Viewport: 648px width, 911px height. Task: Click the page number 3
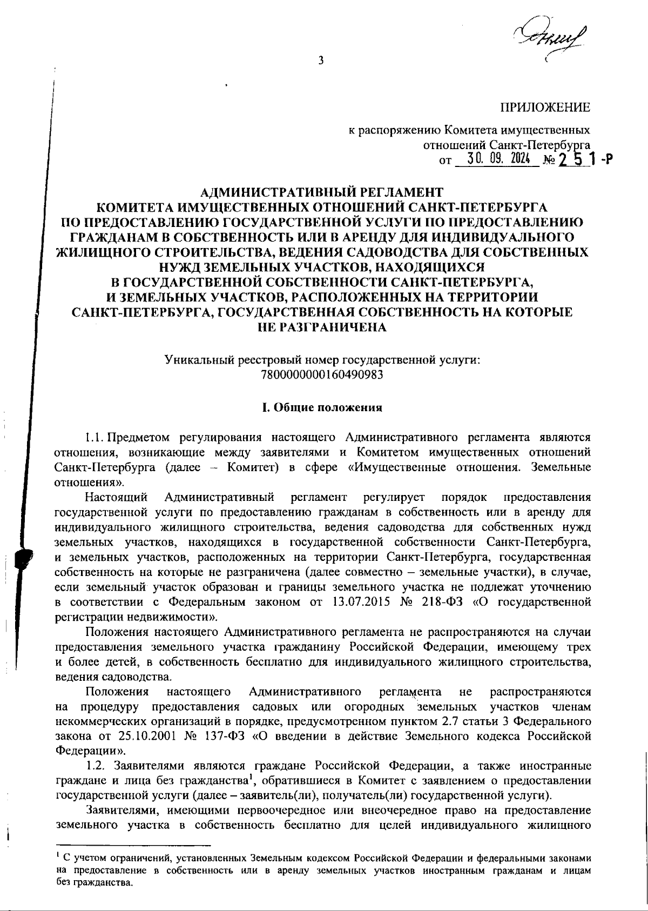[321, 61]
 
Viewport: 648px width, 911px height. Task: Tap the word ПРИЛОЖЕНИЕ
[545, 108]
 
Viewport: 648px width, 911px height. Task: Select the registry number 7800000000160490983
[322, 374]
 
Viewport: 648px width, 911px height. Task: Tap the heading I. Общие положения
[322, 407]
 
